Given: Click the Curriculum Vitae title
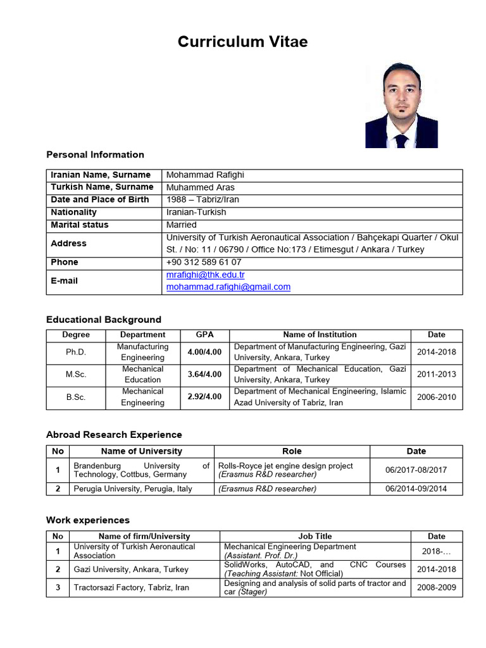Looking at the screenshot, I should [x=242, y=42].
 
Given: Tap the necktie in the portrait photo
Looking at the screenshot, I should [x=401, y=140].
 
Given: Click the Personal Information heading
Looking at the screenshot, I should [x=95, y=154].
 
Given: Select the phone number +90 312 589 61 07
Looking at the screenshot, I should [x=203, y=262].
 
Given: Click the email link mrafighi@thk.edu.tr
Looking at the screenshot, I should [x=205, y=275].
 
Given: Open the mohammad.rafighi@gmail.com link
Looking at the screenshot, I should [x=228, y=287].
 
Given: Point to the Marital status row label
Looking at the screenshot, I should [x=80, y=225].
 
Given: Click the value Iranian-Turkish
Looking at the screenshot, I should [x=196, y=212].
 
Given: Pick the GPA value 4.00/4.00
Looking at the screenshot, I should [x=204, y=352].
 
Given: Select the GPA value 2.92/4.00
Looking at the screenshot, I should [x=204, y=397].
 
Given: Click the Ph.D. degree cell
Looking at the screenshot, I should [x=76, y=352].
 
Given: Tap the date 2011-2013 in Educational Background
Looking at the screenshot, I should [x=436, y=374].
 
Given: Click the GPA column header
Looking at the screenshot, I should [x=204, y=334].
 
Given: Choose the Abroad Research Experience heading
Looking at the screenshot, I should [x=114, y=435].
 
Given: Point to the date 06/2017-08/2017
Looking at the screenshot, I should [x=416, y=470].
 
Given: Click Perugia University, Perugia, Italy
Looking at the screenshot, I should [x=133, y=489].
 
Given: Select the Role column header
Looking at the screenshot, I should [x=292, y=451].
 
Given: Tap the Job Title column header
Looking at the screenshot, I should [x=315, y=536].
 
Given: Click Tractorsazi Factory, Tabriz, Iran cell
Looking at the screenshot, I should [x=131, y=587].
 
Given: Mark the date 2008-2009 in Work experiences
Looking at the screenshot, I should [x=436, y=587].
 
